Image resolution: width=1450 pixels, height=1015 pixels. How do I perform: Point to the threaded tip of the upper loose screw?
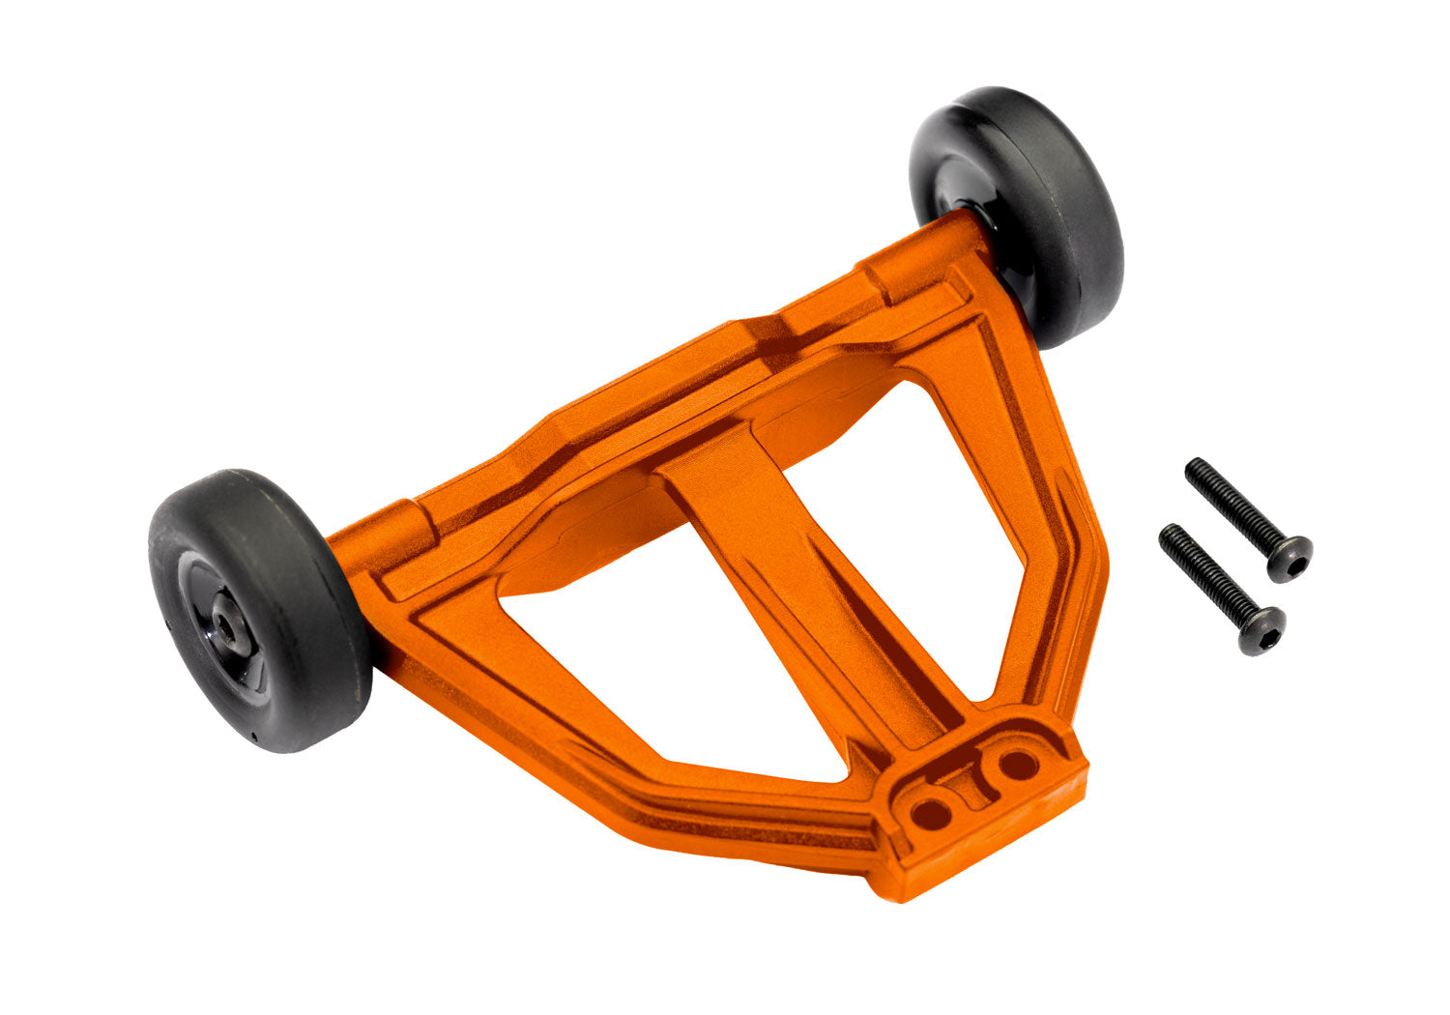pos(1199,471)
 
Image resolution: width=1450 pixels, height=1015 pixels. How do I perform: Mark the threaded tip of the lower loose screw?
pos(1172,537)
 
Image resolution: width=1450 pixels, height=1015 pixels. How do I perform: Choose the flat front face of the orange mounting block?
pos(996,841)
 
